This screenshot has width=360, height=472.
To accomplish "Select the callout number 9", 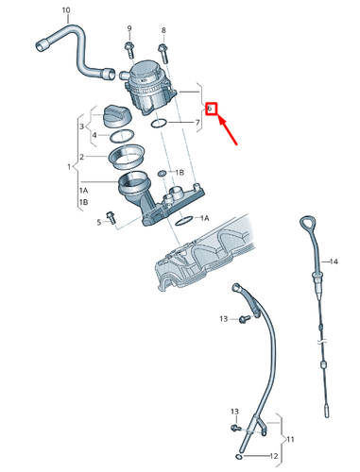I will pyautogui.click(x=129, y=30).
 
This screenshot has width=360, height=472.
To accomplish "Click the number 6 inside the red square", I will pyautogui.click(x=213, y=110).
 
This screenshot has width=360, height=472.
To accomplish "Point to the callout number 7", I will pyautogui.click(x=197, y=123).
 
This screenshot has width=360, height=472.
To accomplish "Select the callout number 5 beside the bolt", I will pyautogui.click(x=97, y=222).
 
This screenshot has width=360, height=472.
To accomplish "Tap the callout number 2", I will pyautogui.click(x=82, y=157).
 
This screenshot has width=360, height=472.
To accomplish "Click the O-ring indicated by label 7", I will pyautogui.click(x=160, y=123).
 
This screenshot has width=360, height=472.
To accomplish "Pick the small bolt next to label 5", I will pyautogui.click(x=112, y=218).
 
